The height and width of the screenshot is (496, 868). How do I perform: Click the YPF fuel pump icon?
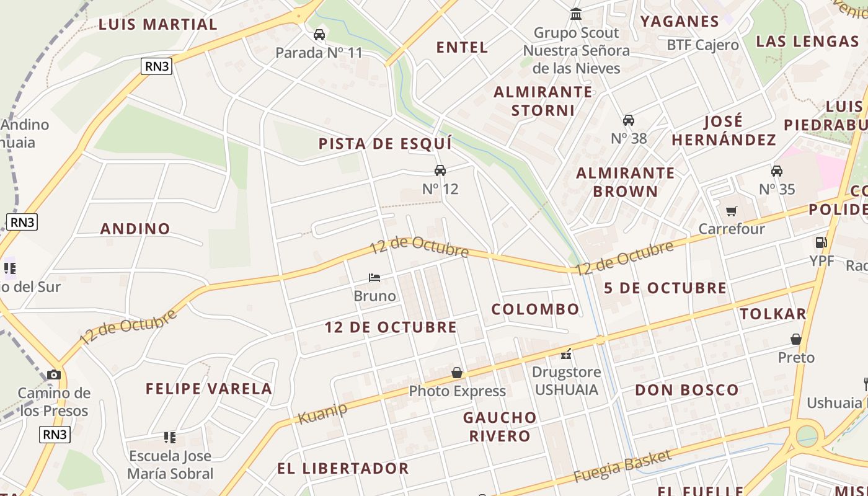(x=821, y=242)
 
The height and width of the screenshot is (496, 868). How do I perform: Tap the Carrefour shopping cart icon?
(x=732, y=211)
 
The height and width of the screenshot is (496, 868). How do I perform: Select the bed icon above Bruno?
(x=374, y=277)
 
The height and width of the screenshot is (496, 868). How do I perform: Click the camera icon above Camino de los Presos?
(x=54, y=374)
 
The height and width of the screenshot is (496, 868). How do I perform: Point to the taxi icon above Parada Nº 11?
(x=319, y=35)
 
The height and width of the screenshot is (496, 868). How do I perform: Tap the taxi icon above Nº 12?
(x=440, y=170)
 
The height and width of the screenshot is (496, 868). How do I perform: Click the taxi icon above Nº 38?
(x=629, y=120)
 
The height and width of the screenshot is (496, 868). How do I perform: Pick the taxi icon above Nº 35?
(x=777, y=171)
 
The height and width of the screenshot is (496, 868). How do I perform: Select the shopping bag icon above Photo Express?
(x=457, y=373)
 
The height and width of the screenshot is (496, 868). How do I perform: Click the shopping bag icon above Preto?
(x=796, y=339)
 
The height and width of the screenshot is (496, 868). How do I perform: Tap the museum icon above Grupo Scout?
(x=576, y=14)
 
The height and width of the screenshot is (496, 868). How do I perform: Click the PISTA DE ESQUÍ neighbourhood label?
(x=385, y=144)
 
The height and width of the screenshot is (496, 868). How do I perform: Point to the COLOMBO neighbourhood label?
(x=536, y=309)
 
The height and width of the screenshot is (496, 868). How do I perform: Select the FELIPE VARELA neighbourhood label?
(x=209, y=389)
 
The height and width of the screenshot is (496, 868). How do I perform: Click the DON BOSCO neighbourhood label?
(x=687, y=390)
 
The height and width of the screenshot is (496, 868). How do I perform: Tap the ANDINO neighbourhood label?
(x=135, y=229)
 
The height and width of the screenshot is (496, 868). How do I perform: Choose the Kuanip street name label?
(x=322, y=413)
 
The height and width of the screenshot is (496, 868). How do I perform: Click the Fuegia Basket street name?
(x=622, y=466)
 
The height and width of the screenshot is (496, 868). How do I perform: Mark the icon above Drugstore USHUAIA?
(x=565, y=354)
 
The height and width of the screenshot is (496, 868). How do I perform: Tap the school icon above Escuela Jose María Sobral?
(x=170, y=438)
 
